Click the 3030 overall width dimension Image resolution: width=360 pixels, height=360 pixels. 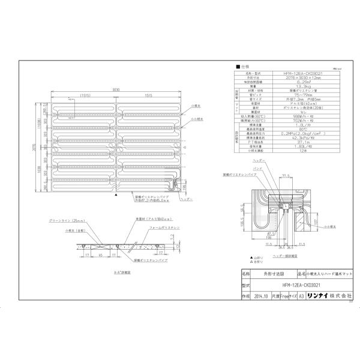113,89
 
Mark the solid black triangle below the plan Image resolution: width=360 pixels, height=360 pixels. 114,195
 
